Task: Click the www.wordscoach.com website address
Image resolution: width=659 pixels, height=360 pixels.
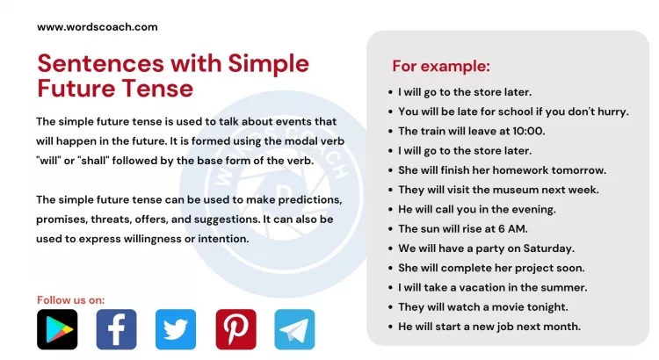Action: pyautogui.click(x=97, y=26)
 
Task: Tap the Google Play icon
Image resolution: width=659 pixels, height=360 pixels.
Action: pyautogui.click(x=57, y=329)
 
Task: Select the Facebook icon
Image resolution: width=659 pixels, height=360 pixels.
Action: pyautogui.click(x=116, y=329)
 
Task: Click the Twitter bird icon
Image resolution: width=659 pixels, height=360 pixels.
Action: pyautogui.click(x=176, y=329)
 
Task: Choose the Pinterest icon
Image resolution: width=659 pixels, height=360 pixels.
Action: pyautogui.click(x=235, y=329)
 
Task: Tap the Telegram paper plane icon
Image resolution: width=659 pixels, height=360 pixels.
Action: pyautogui.click(x=294, y=329)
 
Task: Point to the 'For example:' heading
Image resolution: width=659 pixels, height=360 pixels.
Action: pyautogui.click(x=441, y=67)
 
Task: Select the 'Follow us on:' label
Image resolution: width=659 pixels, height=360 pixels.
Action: pyautogui.click(x=70, y=299)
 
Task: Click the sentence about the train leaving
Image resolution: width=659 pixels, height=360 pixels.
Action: pyautogui.click(x=471, y=131)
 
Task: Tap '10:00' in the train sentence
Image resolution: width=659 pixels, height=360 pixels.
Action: pyautogui.click(x=527, y=131)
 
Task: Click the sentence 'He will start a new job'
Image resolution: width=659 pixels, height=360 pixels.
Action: pyautogui.click(x=489, y=327)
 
